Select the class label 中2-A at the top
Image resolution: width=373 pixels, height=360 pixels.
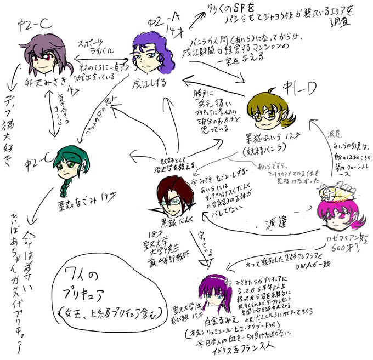click(160, 23)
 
